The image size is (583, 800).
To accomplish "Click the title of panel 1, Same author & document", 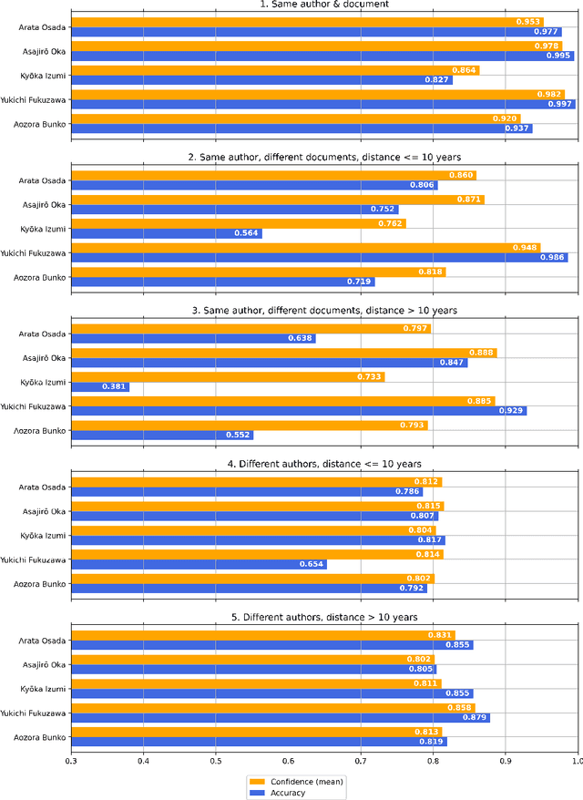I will coord(323,5).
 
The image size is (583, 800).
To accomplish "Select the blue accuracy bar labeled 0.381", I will coord(100,386).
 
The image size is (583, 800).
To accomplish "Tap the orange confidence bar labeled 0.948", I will coord(305,247).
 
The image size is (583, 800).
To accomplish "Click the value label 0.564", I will coord(247,233).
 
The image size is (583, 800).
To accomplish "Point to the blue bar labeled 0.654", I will coord(199,564).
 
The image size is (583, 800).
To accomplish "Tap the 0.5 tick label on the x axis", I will coord(215,760).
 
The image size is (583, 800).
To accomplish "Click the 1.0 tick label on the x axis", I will coord(575,760).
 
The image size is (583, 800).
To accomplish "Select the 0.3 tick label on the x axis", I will coord(71,760).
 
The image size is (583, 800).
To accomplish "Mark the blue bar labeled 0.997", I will coord(322,104).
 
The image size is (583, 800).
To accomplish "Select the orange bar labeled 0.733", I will coord(228,376).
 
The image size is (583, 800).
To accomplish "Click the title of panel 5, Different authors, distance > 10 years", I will coord(323,617).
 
